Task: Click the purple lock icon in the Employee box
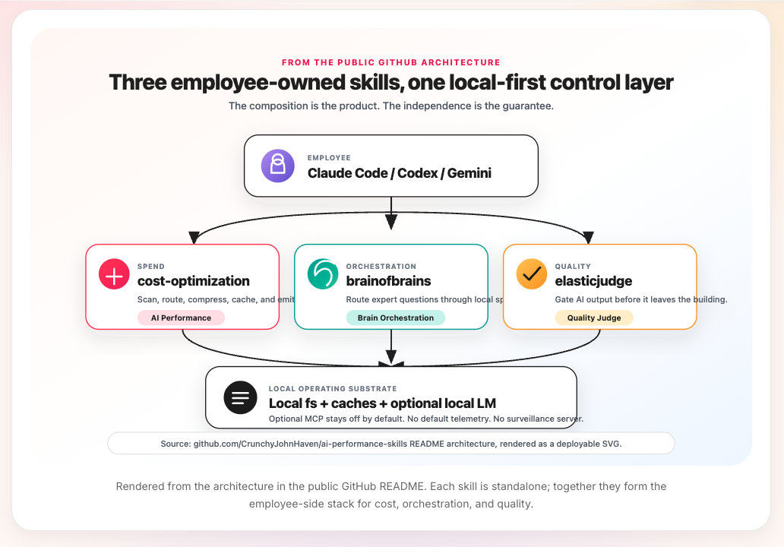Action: point(277,166)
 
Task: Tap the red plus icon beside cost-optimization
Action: point(115,274)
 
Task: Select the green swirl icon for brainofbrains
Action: point(323,274)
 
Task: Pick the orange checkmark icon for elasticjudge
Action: point(532,274)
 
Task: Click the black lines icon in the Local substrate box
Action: point(240,397)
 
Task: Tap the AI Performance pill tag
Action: point(181,318)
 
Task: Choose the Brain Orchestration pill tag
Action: point(396,318)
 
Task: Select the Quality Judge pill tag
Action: point(594,318)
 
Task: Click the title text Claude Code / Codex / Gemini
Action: point(400,173)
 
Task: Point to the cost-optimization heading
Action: point(194,281)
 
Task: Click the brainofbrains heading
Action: point(388,281)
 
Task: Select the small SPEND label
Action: point(151,267)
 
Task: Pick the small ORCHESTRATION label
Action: point(381,267)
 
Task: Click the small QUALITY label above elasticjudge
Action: point(573,267)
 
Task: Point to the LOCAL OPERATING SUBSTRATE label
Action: point(333,389)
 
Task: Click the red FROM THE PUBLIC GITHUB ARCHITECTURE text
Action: point(391,62)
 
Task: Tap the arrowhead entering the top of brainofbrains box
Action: point(391,223)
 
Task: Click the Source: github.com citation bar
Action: point(391,443)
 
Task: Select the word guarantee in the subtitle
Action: point(526,106)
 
